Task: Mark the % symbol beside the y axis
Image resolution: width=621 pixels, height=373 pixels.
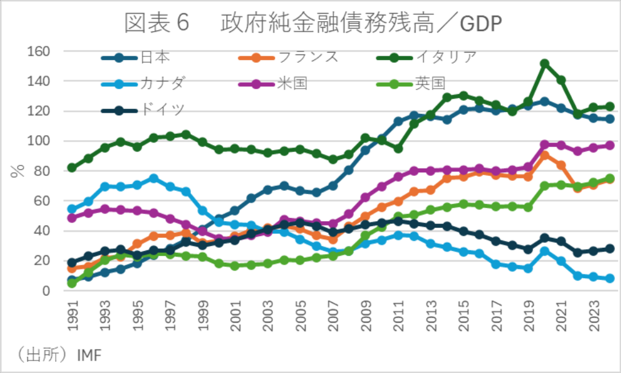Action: [17, 171]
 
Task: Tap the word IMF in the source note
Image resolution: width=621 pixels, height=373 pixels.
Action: [89, 354]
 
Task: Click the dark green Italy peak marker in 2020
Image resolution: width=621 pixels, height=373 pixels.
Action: [545, 64]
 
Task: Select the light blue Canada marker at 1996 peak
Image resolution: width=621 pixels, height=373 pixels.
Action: [154, 178]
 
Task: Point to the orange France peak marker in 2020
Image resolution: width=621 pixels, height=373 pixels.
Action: [545, 156]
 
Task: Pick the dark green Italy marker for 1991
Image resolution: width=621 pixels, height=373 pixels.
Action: [73, 168]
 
